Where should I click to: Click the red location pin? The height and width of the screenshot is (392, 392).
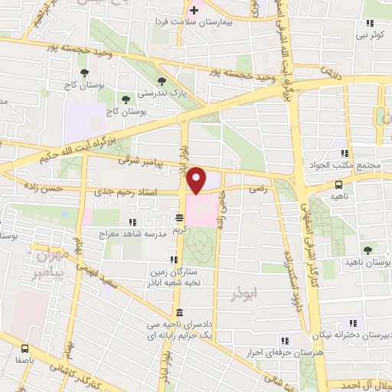(x=198, y=181)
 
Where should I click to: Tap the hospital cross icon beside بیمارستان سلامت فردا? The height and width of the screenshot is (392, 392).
(x=194, y=11)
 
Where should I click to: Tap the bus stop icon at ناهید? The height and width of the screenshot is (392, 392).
(x=338, y=184)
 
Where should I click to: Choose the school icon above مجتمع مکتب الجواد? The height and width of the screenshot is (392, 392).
(x=349, y=152)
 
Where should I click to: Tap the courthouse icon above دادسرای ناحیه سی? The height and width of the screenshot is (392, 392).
(x=179, y=312)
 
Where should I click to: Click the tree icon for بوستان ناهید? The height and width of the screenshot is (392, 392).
(x=369, y=250)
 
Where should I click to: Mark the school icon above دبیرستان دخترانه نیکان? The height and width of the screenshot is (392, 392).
(x=353, y=322)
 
